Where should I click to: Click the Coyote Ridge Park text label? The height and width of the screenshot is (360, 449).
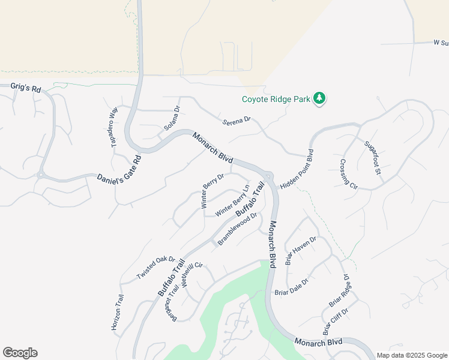[276, 99]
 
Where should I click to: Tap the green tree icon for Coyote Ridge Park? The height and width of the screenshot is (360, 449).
[320, 99]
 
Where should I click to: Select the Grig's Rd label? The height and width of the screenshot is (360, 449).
[26, 88]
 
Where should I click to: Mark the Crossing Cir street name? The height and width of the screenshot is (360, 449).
[349, 175]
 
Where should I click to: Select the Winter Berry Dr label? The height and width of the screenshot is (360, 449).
[212, 191]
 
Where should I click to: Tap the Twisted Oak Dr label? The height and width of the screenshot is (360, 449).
[155, 268]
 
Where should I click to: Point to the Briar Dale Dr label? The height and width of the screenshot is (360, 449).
[291, 287]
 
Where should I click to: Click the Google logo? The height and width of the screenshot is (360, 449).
[20, 353]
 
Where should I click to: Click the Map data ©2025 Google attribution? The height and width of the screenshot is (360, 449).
[411, 355]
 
